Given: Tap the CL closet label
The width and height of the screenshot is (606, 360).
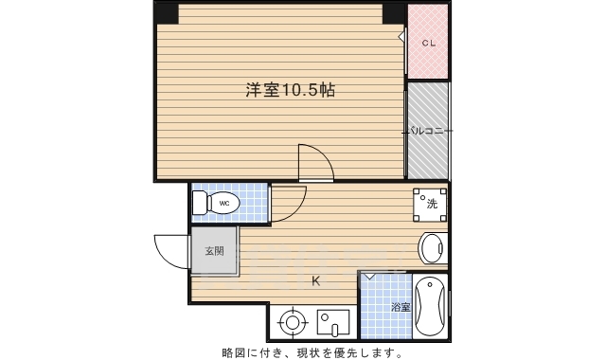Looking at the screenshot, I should tap(428, 43).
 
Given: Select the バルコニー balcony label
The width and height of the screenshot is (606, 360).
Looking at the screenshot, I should tap(428, 131).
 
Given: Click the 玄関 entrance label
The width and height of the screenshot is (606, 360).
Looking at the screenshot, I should tap(215, 251).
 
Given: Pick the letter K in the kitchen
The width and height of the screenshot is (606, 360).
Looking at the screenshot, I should tap(316, 280).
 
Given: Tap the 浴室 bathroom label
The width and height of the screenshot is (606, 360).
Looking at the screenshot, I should tap(401, 308).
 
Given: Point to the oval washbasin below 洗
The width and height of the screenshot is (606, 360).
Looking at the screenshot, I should tap(431, 249).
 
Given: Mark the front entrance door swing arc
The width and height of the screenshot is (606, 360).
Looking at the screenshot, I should tap(170, 251).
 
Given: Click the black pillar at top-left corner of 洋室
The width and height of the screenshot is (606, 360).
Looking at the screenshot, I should tap(168, 13).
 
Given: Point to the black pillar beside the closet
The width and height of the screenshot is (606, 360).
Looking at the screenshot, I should tap(394, 13).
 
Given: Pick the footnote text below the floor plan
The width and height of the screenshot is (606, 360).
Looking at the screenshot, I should tap(312, 352).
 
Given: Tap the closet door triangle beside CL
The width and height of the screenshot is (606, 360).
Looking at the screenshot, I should tap(402, 39).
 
